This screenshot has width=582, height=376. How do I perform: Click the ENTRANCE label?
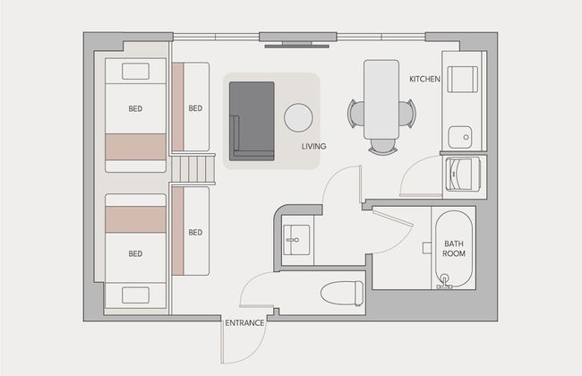(x=244, y=323)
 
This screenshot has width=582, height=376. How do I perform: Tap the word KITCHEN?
(x=424, y=79)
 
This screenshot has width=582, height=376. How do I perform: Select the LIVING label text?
(x=313, y=146)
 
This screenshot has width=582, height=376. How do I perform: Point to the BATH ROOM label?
(x=454, y=249)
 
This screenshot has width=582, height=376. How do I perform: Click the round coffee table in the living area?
(x=298, y=117)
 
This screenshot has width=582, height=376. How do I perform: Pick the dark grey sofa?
(x=252, y=122)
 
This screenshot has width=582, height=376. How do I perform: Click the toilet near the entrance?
(x=342, y=293)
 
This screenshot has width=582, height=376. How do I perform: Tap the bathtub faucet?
(x=444, y=281)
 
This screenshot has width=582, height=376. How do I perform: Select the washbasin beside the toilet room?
(x=296, y=240)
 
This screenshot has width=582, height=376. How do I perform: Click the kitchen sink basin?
(x=460, y=137)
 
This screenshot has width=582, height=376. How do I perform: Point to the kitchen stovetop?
(x=463, y=79)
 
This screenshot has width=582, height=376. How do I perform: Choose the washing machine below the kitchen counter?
(x=463, y=174)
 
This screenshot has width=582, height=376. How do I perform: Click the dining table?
(x=381, y=99)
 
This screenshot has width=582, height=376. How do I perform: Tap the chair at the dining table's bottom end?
(x=383, y=146)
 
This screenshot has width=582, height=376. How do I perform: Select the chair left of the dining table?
(x=356, y=115)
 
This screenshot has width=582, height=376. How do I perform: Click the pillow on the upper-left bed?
(x=135, y=72)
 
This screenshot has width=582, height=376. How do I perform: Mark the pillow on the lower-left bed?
(x=135, y=295)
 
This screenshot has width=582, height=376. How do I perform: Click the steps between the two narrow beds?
(x=193, y=169)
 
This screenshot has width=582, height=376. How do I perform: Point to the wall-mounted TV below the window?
(x=297, y=46)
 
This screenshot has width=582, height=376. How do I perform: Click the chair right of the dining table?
(x=407, y=114)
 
